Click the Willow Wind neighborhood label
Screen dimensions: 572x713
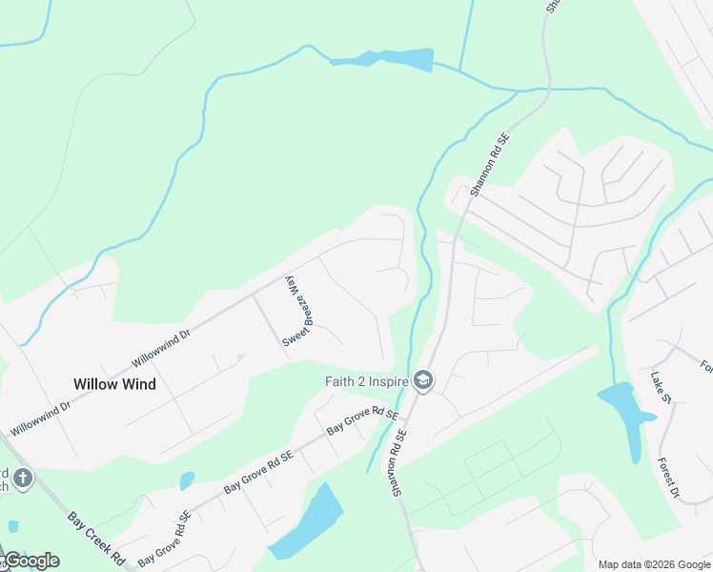tap(114, 384)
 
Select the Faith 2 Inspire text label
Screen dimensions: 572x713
tap(366, 382)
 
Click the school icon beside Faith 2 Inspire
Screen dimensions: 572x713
tap(423, 382)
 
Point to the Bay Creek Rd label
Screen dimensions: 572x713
tap(97, 539)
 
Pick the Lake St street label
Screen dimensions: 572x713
tap(658, 385)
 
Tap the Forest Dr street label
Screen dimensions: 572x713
tap(667, 478)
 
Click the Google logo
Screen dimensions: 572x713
tap(31, 561)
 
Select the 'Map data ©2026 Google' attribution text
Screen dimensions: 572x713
tap(654, 564)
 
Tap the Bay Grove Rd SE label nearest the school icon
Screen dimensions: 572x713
tap(361, 420)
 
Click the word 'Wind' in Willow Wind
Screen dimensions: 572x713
tap(137, 384)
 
